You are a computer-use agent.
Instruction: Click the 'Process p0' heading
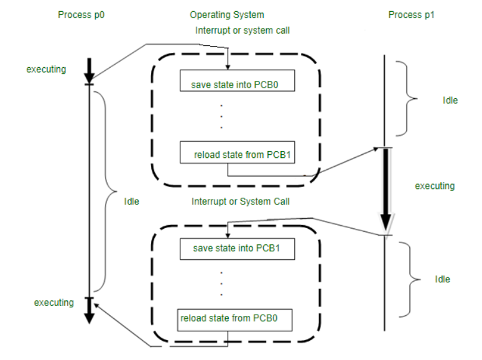point(81,14)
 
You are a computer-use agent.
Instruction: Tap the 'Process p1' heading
point(411,14)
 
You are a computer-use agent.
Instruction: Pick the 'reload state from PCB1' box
point(237,154)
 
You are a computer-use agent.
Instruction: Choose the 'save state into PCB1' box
point(236,249)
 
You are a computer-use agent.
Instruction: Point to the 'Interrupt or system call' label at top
point(243,30)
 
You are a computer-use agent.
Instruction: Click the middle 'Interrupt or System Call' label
point(241,201)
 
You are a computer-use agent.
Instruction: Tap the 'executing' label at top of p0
point(46,69)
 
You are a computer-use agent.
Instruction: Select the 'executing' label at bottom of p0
point(53,303)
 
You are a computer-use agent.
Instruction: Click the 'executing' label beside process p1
point(435,186)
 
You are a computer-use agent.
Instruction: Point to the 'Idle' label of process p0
point(131,201)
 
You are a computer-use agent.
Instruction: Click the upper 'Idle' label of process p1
point(450,100)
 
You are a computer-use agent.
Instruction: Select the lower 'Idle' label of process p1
point(442,279)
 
